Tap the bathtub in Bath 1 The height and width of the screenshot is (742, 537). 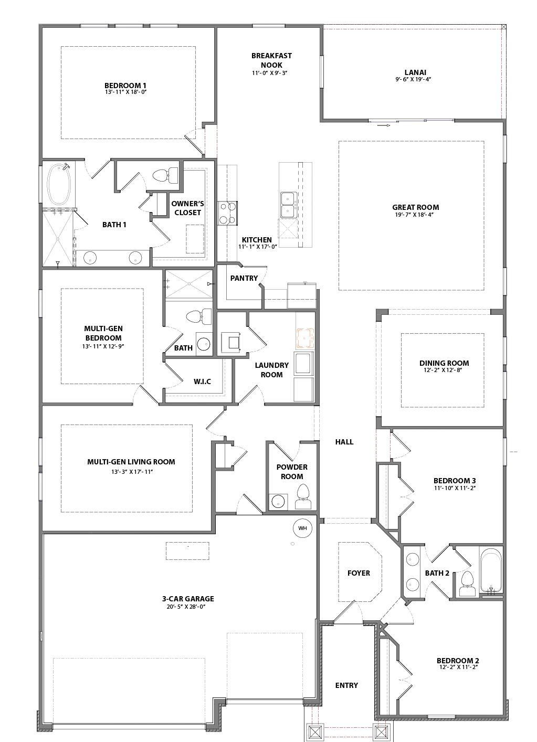click(59, 184)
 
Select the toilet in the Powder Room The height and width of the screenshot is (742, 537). click(303, 497)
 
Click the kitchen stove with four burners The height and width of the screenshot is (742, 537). click(228, 214)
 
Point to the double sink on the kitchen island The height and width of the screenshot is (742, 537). click(288, 205)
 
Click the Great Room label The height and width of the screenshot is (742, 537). click(415, 207)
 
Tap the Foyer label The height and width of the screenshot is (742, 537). click(359, 573)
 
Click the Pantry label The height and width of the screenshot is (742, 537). click(244, 278)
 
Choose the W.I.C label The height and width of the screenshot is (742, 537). click(202, 381)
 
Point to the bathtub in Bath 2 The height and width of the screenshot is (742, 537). click(491, 570)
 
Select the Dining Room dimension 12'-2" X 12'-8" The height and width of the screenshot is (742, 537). click(443, 370)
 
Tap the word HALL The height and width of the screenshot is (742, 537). click(344, 441)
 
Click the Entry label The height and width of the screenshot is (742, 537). click(346, 685)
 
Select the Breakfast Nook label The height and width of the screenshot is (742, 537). click(271, 60)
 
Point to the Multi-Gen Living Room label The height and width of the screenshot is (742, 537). click(131, 462)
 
